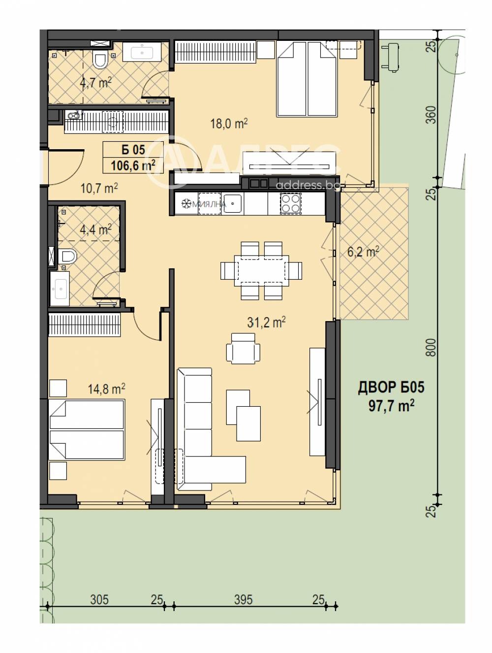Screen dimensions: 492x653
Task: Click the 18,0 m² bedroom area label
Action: click(x=228, y=123)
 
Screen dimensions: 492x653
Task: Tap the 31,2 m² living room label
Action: click(x=266, y=322)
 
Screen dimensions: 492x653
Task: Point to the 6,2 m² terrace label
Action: click(x=363, y=252)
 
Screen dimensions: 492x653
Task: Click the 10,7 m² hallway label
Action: click(x=99, y=188)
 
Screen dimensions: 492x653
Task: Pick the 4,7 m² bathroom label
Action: click(x=95, y=82)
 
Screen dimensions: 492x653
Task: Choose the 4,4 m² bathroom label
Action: click(x=95, y=229)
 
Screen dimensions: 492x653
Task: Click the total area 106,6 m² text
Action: click(x=133, y=165)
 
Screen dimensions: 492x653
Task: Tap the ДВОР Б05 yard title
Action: click(x=391, y=388)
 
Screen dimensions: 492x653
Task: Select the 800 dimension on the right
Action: click(x=431, y=347)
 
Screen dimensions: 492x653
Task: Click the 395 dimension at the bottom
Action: click(x=243, y=599)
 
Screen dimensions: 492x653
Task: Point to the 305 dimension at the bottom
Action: click(x=99, y=599)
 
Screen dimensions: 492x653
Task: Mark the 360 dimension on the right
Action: click(x=431, y=115)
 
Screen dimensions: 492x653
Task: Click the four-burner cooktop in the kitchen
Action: click(x=290, y=203)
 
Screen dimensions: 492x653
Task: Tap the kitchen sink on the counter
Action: click(x=232, y=203)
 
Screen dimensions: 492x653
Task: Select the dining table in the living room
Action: click(x=261, y=270)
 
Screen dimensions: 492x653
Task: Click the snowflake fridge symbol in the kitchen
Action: click(x=186, y=204)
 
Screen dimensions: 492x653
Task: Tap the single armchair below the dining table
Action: click(x=243, y=348)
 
